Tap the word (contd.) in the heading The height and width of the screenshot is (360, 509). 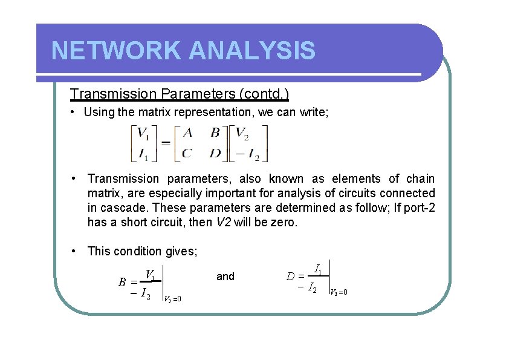(x=264, y=94)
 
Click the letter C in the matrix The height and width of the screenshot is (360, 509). (x=186, y=153)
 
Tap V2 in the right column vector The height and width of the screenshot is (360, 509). (x=241, y=133)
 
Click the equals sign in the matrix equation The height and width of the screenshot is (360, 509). (x=164, y=143)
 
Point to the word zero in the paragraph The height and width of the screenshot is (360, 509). (x=284, y=222)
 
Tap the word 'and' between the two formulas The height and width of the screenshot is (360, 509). (x=225, y=277)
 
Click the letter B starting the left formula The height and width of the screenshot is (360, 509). (x=122, y=282)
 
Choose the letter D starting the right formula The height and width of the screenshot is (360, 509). (x=291, y=277)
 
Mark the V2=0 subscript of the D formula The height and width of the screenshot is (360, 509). (x=339, y=292)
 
